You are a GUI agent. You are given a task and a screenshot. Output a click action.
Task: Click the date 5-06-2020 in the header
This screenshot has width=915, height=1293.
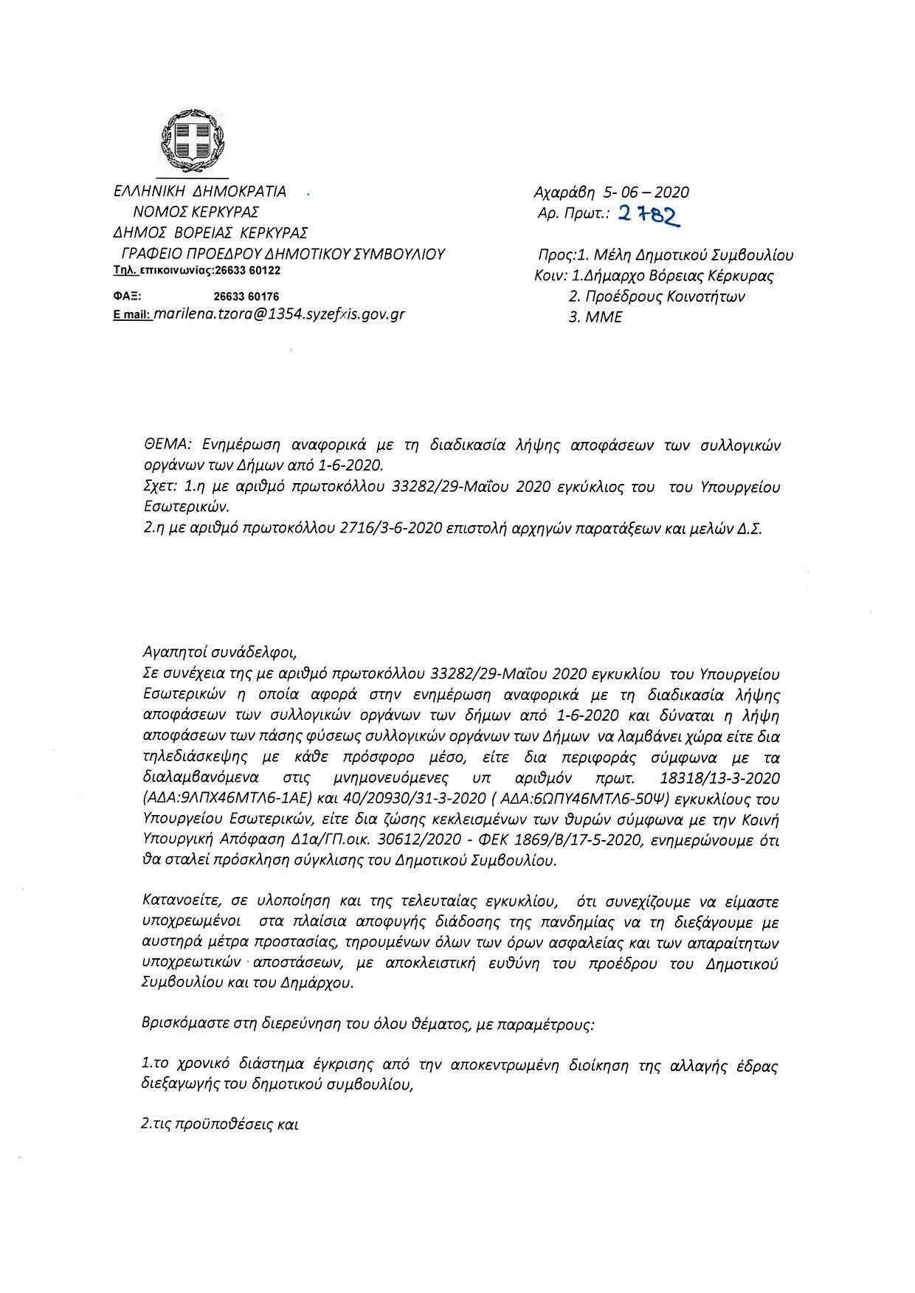[646, 193]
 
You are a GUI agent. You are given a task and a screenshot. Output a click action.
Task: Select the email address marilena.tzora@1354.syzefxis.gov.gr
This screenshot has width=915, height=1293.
[279, 313]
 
